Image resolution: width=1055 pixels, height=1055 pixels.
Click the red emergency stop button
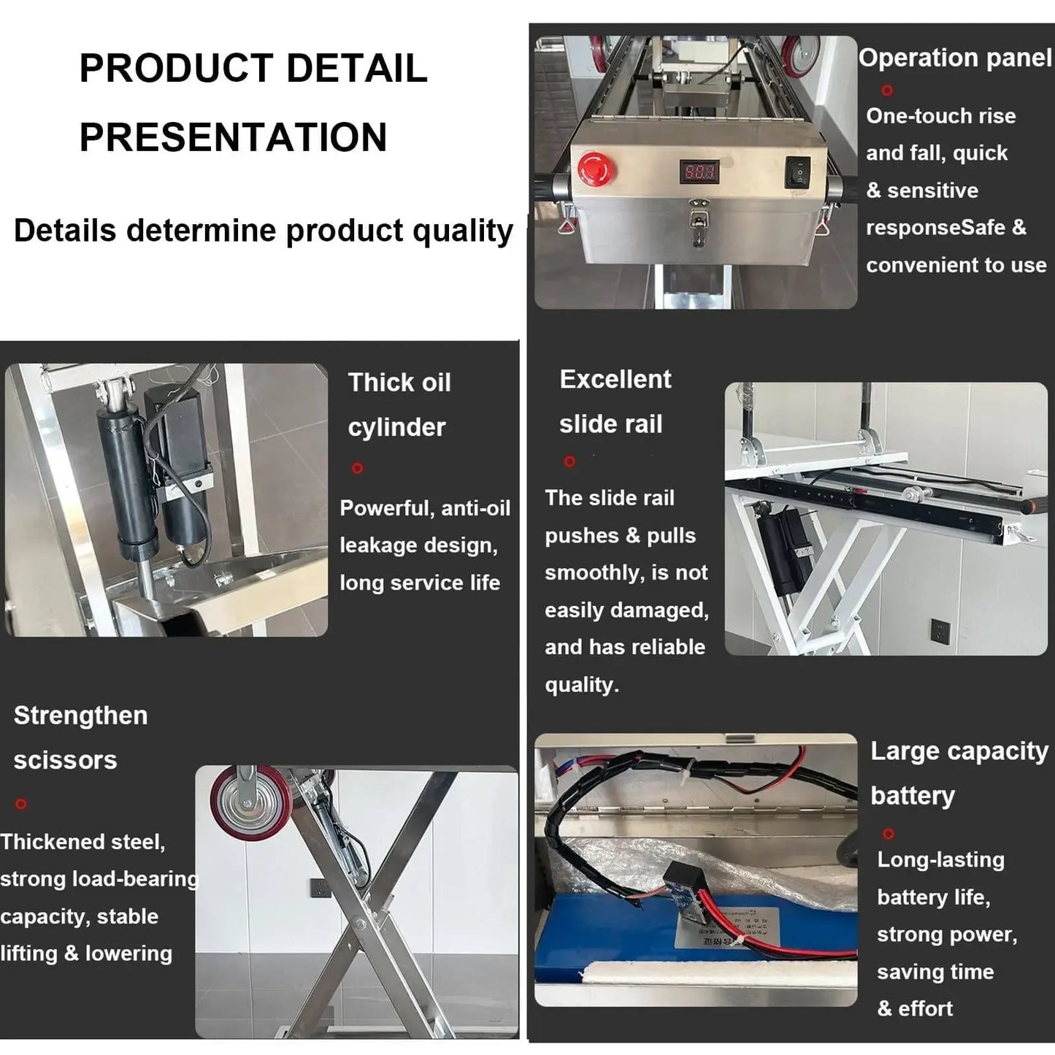[x=596, y=169]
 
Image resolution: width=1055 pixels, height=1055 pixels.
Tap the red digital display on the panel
[x=700, y=172]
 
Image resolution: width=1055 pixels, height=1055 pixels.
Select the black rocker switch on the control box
[x=799, y=172]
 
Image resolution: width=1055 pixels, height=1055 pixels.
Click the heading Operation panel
[x=954, y=58]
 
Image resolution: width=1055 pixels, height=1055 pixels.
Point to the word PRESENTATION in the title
[x=233, y=137]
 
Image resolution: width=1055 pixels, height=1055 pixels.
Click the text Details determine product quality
[x=263, y=231]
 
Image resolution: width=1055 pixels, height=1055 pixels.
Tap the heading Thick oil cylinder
[x=399, y=404]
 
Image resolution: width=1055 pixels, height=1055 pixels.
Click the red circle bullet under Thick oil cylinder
[x=357, y=468]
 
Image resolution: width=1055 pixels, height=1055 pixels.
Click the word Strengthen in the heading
[x=80, y=716]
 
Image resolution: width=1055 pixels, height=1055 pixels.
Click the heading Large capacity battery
[x=959, y=772]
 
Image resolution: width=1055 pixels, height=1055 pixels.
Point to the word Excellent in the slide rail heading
[x=615, y=380]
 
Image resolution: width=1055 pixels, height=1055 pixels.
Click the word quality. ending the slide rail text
[x=581, y=685]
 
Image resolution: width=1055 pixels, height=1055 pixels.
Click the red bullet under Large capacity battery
[x=888, y=833]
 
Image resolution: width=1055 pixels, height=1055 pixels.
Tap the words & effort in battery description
[x=915, y=1008]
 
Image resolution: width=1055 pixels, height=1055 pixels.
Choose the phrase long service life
[x=420, y=583]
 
